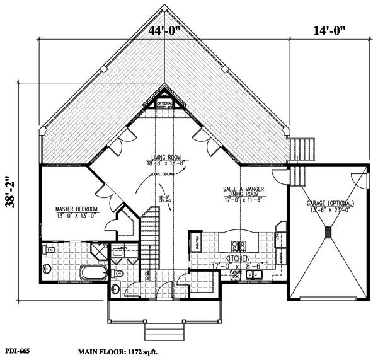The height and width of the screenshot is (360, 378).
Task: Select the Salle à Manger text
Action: pos(243,189)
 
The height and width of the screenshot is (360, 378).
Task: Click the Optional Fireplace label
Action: pos(164,105)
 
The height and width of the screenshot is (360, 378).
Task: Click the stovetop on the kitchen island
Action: pos(238,245)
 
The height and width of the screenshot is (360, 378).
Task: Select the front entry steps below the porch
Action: pos(161,330)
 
